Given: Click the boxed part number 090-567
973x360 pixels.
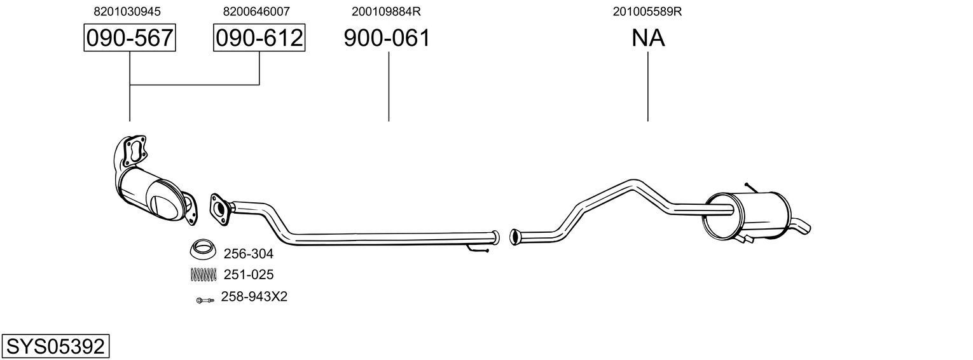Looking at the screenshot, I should coord(130,38).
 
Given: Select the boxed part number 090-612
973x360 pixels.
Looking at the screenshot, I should coord(259,38).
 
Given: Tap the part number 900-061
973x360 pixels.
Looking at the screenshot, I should coord(387,38).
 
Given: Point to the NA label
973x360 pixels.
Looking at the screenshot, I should coord(648,38).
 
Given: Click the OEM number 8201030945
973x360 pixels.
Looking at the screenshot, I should coord(127,11).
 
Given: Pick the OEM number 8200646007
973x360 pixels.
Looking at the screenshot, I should coord(256,11).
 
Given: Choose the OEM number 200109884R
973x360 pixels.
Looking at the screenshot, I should coord(386,11).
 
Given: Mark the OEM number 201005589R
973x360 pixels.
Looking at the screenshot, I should coord(647,11).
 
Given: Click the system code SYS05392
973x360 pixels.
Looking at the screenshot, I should coord(55,347).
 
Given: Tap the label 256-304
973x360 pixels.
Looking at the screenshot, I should coord(248,254).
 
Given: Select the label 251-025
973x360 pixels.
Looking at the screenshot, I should coord(248,275).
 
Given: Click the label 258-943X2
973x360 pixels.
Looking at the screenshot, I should coord(254,297).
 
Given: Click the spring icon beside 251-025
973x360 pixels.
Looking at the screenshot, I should coord(203,275).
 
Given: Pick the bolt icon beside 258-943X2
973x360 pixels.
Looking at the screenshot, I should coord(204,300).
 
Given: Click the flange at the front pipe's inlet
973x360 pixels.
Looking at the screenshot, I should coord(219,209).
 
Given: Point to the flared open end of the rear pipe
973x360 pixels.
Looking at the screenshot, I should coord(515,237).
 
